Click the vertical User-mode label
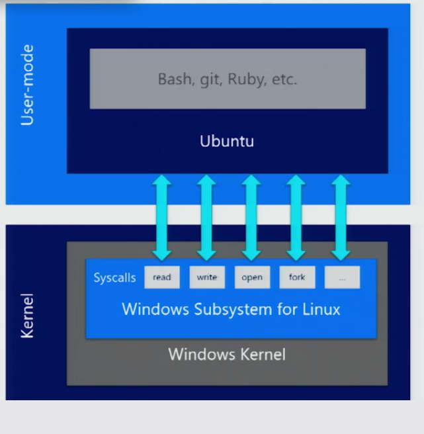[x=27, y=85]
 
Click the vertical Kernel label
[x=27, y=316]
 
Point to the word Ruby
[x=245, y=79]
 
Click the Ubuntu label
[x=227, y=141]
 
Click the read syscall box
[x=161, y=277]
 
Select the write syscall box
[x=207, y=277]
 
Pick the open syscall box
[x=252, y=277]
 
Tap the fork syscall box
[x=297, y=277]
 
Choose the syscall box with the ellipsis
[x=342, y=277]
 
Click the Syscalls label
[x=114, y=277]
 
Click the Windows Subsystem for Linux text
[x=231, y=309]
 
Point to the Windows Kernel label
[x=227, y=354]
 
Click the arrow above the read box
[x=161, y=217]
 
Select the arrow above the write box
[x=207, y=217]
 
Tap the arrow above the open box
[x=251, y=217]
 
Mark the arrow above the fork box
[x=296, y=217]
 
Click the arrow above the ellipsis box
[x=341, y=217]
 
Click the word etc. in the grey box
[x=284, y=79]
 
